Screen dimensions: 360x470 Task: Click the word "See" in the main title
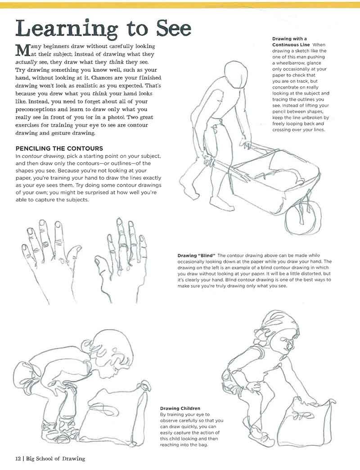click(x=174, y=28)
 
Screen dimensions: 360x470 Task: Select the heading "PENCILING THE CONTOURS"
click(x=59, y=148)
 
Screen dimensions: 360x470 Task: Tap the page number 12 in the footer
click(x=18, y=458)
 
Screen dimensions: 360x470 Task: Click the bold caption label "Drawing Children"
click(x=180, y=408)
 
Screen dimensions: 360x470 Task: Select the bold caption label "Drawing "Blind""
click(x=197, y=255)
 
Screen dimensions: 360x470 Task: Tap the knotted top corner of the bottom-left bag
click(x=145, y=387)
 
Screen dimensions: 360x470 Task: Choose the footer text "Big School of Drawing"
click(x=55, y=458)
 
